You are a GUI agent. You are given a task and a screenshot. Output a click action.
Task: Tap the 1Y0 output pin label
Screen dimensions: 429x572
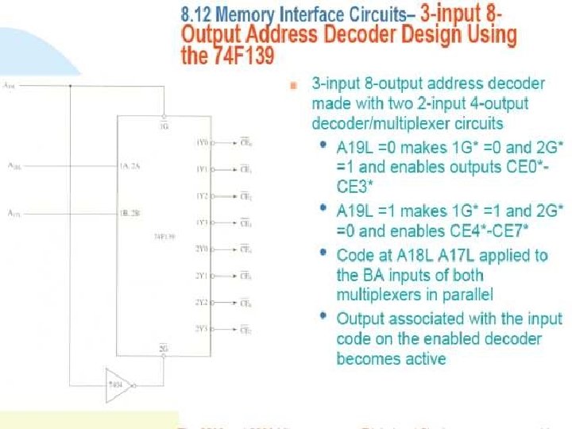203,143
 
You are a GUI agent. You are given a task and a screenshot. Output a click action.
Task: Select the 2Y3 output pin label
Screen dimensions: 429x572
203,328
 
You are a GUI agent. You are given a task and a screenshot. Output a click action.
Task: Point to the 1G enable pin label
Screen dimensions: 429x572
164,125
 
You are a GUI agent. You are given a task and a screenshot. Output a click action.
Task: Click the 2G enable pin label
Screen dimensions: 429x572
164,348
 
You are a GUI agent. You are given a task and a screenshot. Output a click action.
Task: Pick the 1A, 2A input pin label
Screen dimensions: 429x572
130,167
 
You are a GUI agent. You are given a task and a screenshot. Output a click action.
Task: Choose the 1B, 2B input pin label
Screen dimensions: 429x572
130,214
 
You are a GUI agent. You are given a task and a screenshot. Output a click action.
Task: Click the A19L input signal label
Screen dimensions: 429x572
9,84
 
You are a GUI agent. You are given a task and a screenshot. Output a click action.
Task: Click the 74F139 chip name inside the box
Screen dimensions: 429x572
165,236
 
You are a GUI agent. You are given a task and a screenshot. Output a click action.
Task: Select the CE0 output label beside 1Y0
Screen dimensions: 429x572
246,144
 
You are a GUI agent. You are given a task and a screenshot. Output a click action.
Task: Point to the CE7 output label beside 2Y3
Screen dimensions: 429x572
246,329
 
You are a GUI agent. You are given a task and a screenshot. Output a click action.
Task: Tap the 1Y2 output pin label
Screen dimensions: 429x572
203,195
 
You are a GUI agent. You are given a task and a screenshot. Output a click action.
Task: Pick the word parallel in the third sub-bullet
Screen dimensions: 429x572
469,295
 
